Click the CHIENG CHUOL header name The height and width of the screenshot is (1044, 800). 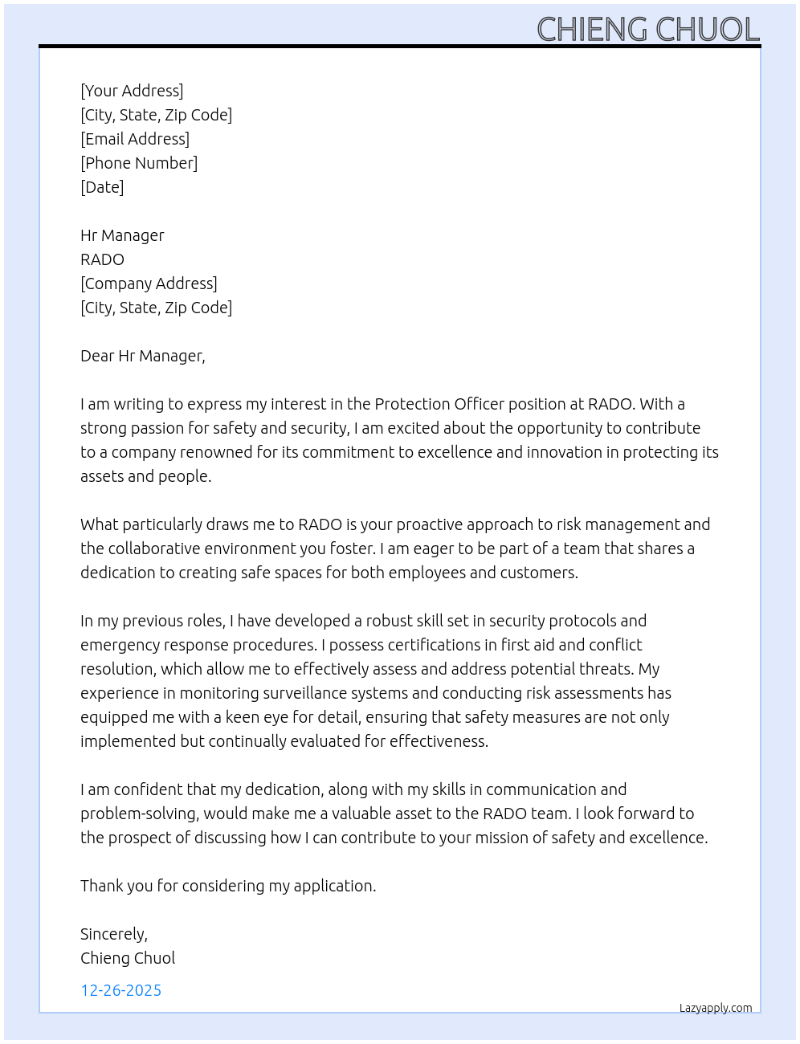(647, 30)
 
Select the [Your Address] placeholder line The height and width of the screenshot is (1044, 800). (132, 91)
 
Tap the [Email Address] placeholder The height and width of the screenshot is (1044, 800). (135, 139)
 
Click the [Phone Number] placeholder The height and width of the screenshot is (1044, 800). (139, 163)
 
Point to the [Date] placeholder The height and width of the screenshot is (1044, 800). (102, 187)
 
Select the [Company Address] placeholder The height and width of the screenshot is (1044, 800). (149, 283)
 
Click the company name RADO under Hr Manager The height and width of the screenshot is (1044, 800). (102, 259)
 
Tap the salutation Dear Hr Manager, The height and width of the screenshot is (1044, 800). (143, 356)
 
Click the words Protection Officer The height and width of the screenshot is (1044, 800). (438, 404)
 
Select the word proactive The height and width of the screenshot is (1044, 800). (428, 524)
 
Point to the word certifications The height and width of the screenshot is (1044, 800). (435, 645)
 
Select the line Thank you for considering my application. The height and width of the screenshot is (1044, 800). (228, 886)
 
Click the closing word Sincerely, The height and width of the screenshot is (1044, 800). (114, 934)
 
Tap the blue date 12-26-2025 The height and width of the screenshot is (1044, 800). (120, 990)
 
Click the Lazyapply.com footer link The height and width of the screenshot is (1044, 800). (716, 1008)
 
